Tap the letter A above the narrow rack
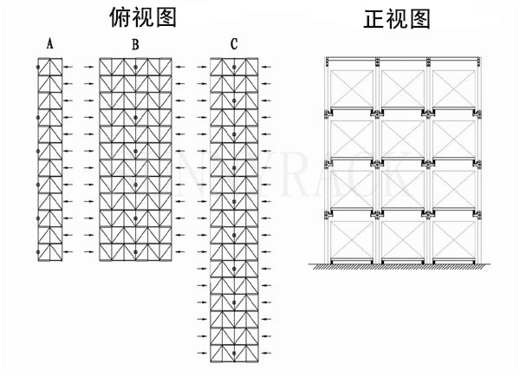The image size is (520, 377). point(50,43)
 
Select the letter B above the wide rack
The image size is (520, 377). point(135,43)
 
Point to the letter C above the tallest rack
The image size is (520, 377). point(234,43)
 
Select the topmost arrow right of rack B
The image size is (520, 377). point(179,66)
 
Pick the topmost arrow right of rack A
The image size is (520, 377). point(73,66)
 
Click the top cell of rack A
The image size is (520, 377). point(50,66)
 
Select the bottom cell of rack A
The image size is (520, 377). point(50,251)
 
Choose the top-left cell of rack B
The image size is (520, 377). point(108,66)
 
